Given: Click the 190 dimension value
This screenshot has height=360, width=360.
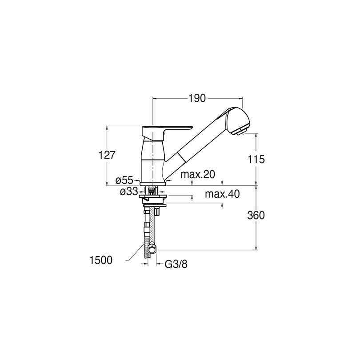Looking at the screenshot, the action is pos(197,99).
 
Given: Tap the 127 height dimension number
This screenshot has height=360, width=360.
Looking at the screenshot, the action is pos(107,155).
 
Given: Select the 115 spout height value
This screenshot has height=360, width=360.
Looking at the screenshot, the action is pos(256,159).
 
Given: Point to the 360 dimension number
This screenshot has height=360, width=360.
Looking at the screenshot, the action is pos(256,216).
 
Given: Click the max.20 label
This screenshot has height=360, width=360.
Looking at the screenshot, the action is pos(198,175).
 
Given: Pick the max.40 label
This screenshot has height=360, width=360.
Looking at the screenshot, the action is pos(222,194).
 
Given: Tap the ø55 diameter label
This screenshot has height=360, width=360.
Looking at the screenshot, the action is pos(124,181).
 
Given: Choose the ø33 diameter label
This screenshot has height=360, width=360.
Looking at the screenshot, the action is pos(129,192).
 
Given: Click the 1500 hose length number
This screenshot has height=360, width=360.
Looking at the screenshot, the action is pos(101,260).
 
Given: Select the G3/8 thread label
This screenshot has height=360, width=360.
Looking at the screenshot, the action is pos(176,264).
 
